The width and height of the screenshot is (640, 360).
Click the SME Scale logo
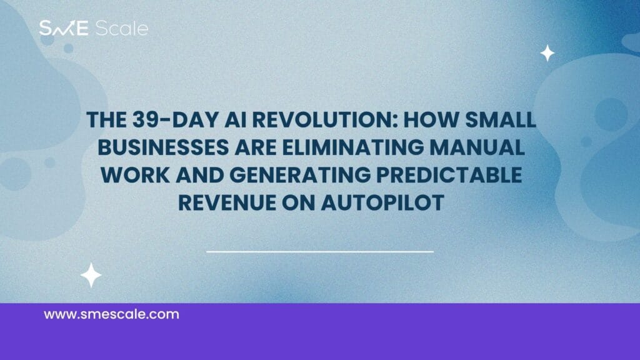[94, 28]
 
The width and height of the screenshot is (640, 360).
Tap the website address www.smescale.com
[111, 314]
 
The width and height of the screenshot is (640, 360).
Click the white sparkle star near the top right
[547, 54]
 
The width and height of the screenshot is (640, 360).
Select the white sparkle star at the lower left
[91, 276]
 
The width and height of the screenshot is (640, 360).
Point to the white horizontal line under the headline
[320, 252]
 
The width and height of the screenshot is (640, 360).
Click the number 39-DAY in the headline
[176, 120]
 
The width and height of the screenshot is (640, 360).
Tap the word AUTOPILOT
[382, 203]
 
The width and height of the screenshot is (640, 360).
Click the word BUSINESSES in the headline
[163, 147]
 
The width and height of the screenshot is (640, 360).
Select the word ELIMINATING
[353, 147]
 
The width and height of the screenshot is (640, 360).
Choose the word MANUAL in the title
[477, 147]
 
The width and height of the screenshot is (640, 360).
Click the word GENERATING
[300, 175]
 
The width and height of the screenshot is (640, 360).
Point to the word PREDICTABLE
[449, 175]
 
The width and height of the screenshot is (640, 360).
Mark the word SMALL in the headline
[501, 120]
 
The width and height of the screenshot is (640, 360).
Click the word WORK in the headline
[136, 175]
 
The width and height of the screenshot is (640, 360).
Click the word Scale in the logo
[122, 29]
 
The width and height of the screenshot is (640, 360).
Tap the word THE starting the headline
[106, 120]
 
